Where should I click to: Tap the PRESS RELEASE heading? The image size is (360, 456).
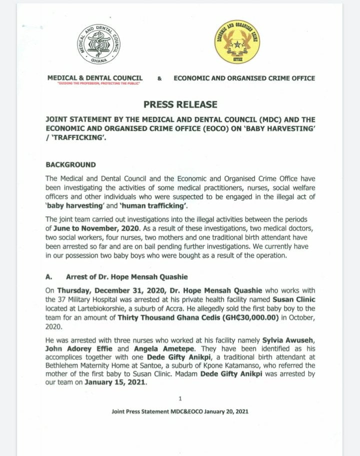click(x=180, y=104)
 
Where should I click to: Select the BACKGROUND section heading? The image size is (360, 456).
click(x=71, y=165)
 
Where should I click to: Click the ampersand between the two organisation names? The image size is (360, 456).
click(x=159, y=78)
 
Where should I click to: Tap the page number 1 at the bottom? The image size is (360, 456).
click(x=180, y=398)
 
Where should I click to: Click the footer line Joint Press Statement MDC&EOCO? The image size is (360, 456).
click(x=180, y=412)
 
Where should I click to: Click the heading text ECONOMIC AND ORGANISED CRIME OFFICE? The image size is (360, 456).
click(x=244, y=78)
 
